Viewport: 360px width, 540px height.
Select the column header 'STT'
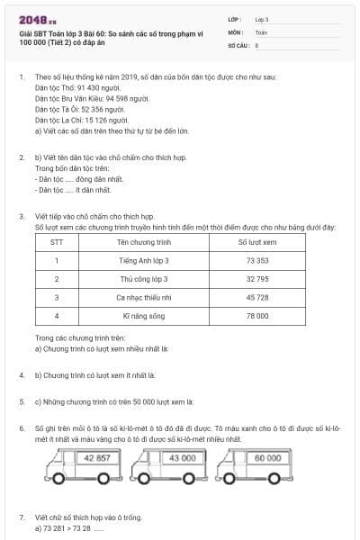click(x=57, y=241)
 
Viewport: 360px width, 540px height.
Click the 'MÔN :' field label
click(x=236, y=31)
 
